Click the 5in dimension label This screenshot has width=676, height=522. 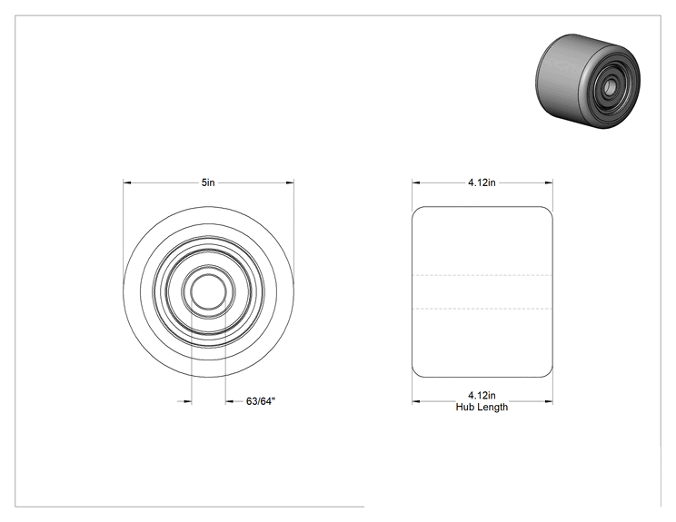click(x=208, y=182)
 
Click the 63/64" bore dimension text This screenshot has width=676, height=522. click(x=261, y=401)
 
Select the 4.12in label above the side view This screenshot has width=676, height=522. click(x=482, y=182)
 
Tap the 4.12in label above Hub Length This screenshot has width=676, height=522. click(x=482, y=395)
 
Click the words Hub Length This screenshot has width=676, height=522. click(x=482, y=407)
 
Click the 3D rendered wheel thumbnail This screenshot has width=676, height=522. click(x=588, y=81)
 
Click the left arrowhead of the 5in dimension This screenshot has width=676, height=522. click(x=127, y=183)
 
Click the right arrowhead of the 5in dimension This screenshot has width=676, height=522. click(x=290, y=183)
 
